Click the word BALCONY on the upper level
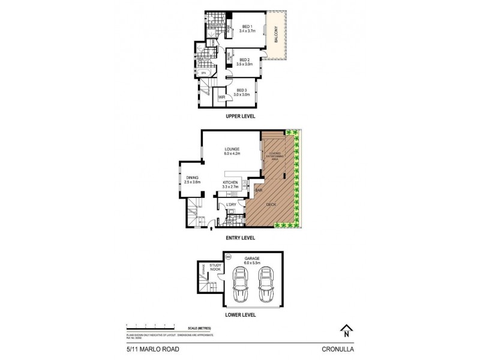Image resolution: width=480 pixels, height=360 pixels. click(276, 36)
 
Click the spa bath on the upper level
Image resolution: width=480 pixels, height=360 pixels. click(204, 73)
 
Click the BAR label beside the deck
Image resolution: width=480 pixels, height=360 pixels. click(259, 191)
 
